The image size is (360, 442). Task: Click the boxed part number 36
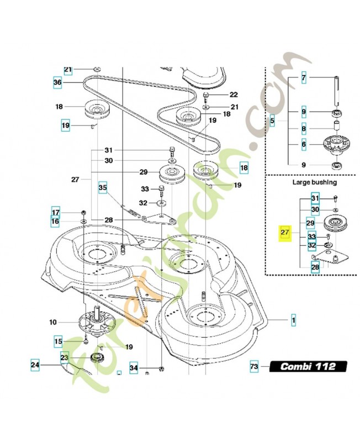(57, 82)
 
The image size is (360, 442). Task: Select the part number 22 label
(218, 95)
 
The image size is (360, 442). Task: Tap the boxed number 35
(103, 188)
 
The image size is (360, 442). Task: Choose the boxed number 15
(57, 343)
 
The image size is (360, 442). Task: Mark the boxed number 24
(35, 365)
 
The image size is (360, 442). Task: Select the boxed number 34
(133, 367)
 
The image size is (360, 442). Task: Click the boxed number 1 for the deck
(294, 320)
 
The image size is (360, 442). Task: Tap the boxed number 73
(254, 366)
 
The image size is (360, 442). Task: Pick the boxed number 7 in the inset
(304, 78)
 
